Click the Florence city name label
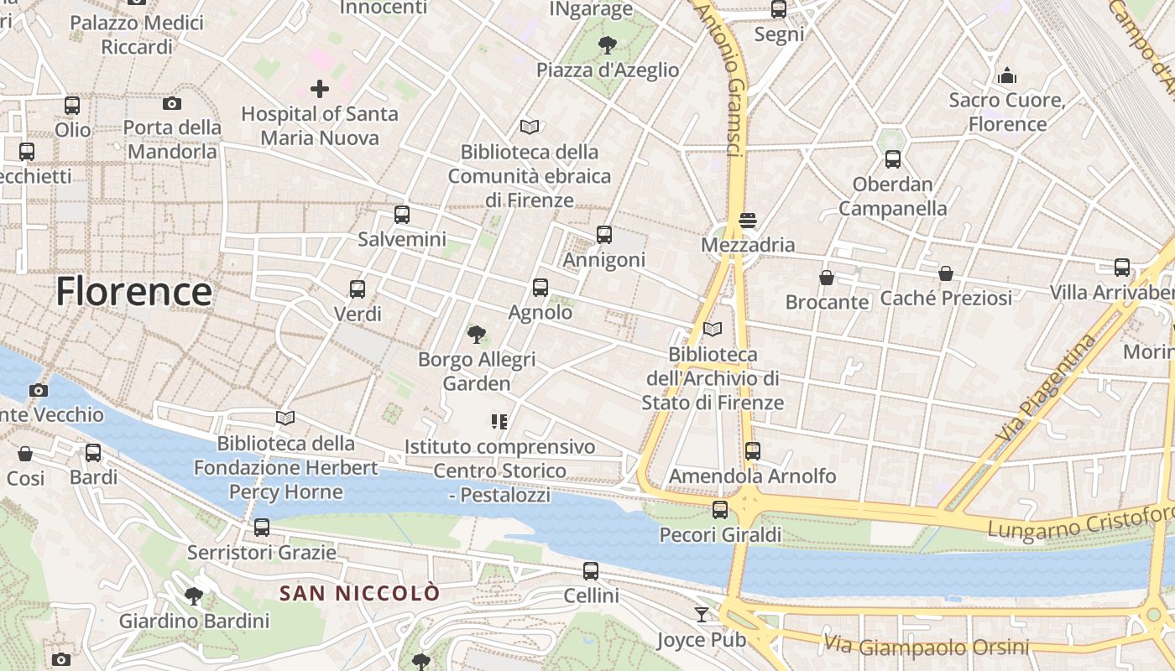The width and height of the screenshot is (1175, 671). [133, 291]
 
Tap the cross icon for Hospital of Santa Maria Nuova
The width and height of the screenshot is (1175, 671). [320, 88]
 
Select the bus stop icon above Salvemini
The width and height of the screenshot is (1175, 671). [402, 215]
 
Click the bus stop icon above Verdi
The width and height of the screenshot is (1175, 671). [358, 289]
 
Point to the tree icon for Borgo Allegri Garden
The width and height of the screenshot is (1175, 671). [477, 335]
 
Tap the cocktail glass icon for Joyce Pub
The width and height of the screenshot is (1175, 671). [702, 615]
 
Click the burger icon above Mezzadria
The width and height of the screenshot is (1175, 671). [748, 221]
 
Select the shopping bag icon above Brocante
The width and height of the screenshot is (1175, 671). [827, 278]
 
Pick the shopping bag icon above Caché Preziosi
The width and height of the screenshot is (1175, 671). [946, 273]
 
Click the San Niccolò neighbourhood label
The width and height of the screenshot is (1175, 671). [359, 594]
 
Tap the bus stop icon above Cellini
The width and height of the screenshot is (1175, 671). [591, 571]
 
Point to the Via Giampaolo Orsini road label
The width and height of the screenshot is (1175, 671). [926, 646]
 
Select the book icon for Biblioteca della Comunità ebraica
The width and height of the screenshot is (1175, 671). [529, 127]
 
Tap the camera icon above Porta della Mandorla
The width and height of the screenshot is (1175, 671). [172, 103]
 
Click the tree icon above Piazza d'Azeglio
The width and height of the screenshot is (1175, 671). [608, 45]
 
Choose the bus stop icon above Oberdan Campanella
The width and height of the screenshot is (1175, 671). [893, 159]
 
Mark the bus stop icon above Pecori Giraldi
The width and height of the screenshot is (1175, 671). [720, 510]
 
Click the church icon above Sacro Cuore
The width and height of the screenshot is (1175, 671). [1007, 75]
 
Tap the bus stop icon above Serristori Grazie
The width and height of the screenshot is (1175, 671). [262, 528]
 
